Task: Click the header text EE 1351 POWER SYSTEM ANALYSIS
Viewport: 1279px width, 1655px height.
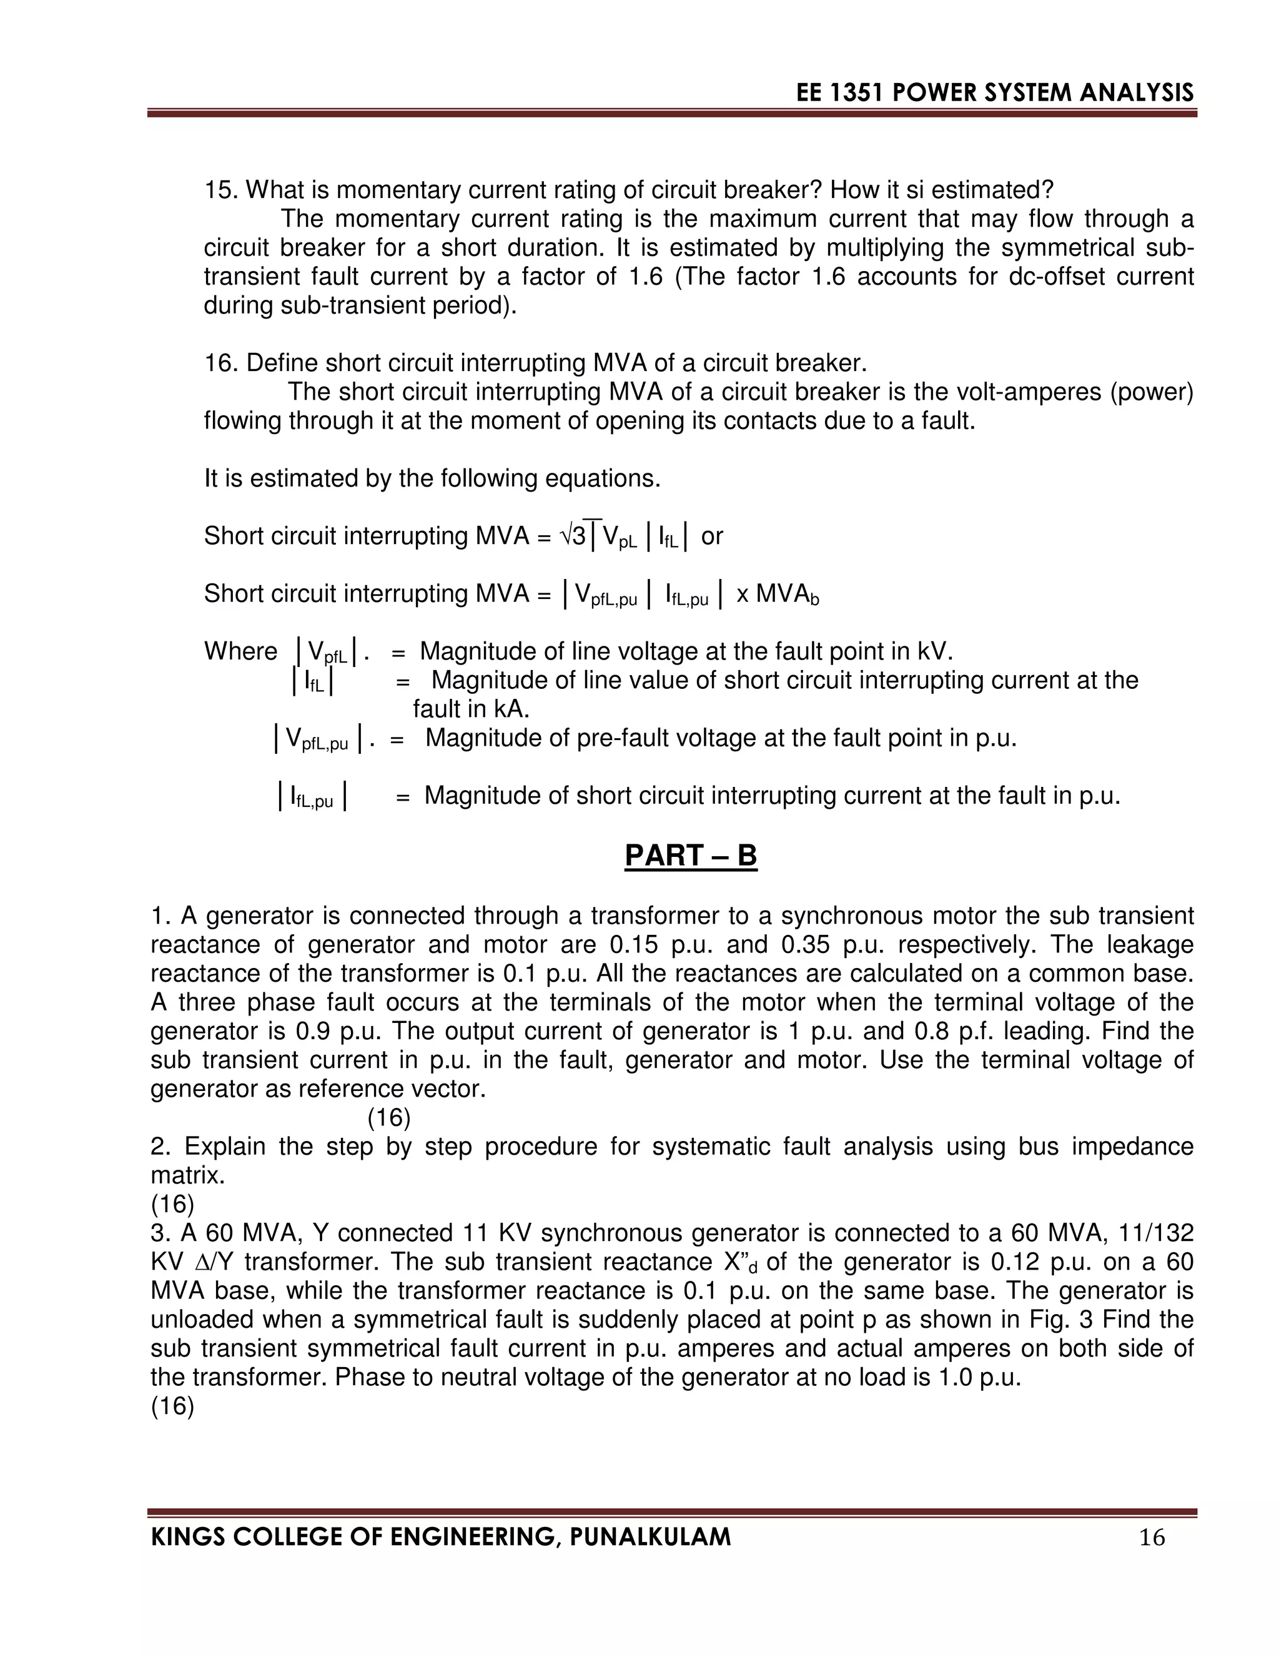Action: tap(995, 92)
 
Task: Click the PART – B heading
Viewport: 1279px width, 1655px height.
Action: tap(690, 856)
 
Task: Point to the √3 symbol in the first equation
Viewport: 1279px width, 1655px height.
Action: tap(573, 536)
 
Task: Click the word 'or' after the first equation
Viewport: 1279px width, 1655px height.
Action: tap(711, 536)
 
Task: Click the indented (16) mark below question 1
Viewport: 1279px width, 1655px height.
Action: tap(388, 1118)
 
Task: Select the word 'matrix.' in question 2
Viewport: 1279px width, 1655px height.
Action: tap(188, 1175)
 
